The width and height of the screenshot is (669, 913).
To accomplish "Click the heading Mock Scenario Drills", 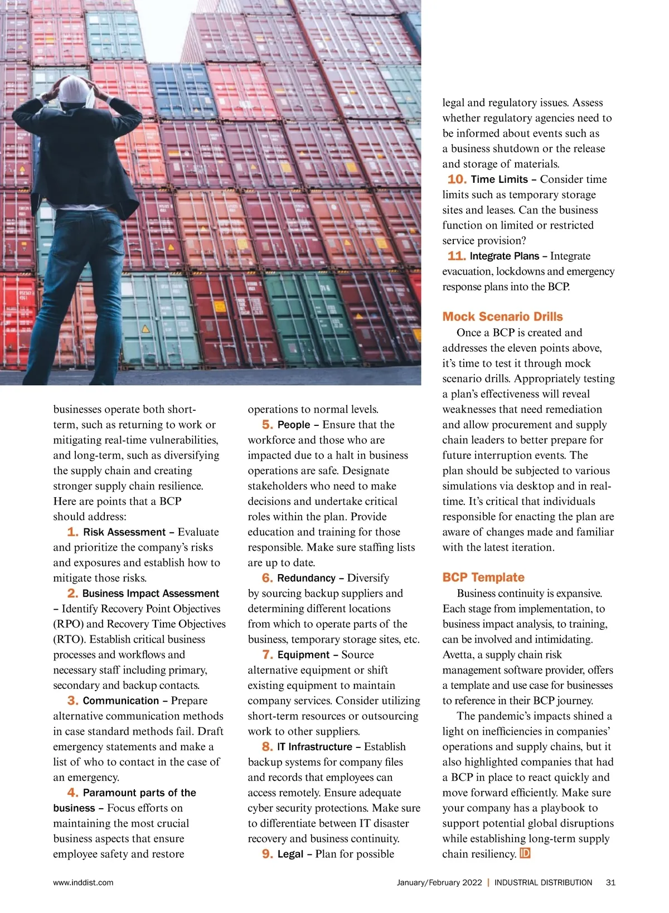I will tap(502, 317).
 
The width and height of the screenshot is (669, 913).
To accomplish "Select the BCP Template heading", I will tap(483, 577).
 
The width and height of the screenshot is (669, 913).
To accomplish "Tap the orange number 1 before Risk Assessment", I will tap(72, 532).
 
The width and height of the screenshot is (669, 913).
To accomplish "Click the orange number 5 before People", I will tap(267, 425).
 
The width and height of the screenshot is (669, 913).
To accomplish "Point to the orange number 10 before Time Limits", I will tap(457, 179).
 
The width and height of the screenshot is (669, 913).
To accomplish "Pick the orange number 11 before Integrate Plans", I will tap(456, 256).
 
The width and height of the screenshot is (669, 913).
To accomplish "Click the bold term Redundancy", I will tap(306, 578).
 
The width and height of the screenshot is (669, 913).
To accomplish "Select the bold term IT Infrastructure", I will tap(314, 747).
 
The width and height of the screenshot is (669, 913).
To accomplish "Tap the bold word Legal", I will tap(290, 854).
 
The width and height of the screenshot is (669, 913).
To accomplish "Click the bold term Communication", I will tap(121, 701).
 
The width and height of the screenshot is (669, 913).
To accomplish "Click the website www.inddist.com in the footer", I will tap(83, 882).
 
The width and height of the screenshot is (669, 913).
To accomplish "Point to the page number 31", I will tap(610, 882).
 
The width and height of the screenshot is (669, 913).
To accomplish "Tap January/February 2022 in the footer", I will tap(439, 882).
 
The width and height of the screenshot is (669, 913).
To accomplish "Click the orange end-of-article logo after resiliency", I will tap(525, 853).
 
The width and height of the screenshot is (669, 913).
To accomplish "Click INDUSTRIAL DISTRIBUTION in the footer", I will tap(543, 882).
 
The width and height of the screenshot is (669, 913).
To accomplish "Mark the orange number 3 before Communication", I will tap(72, 701).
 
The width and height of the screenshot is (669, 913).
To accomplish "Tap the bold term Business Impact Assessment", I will tap(151, 594).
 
